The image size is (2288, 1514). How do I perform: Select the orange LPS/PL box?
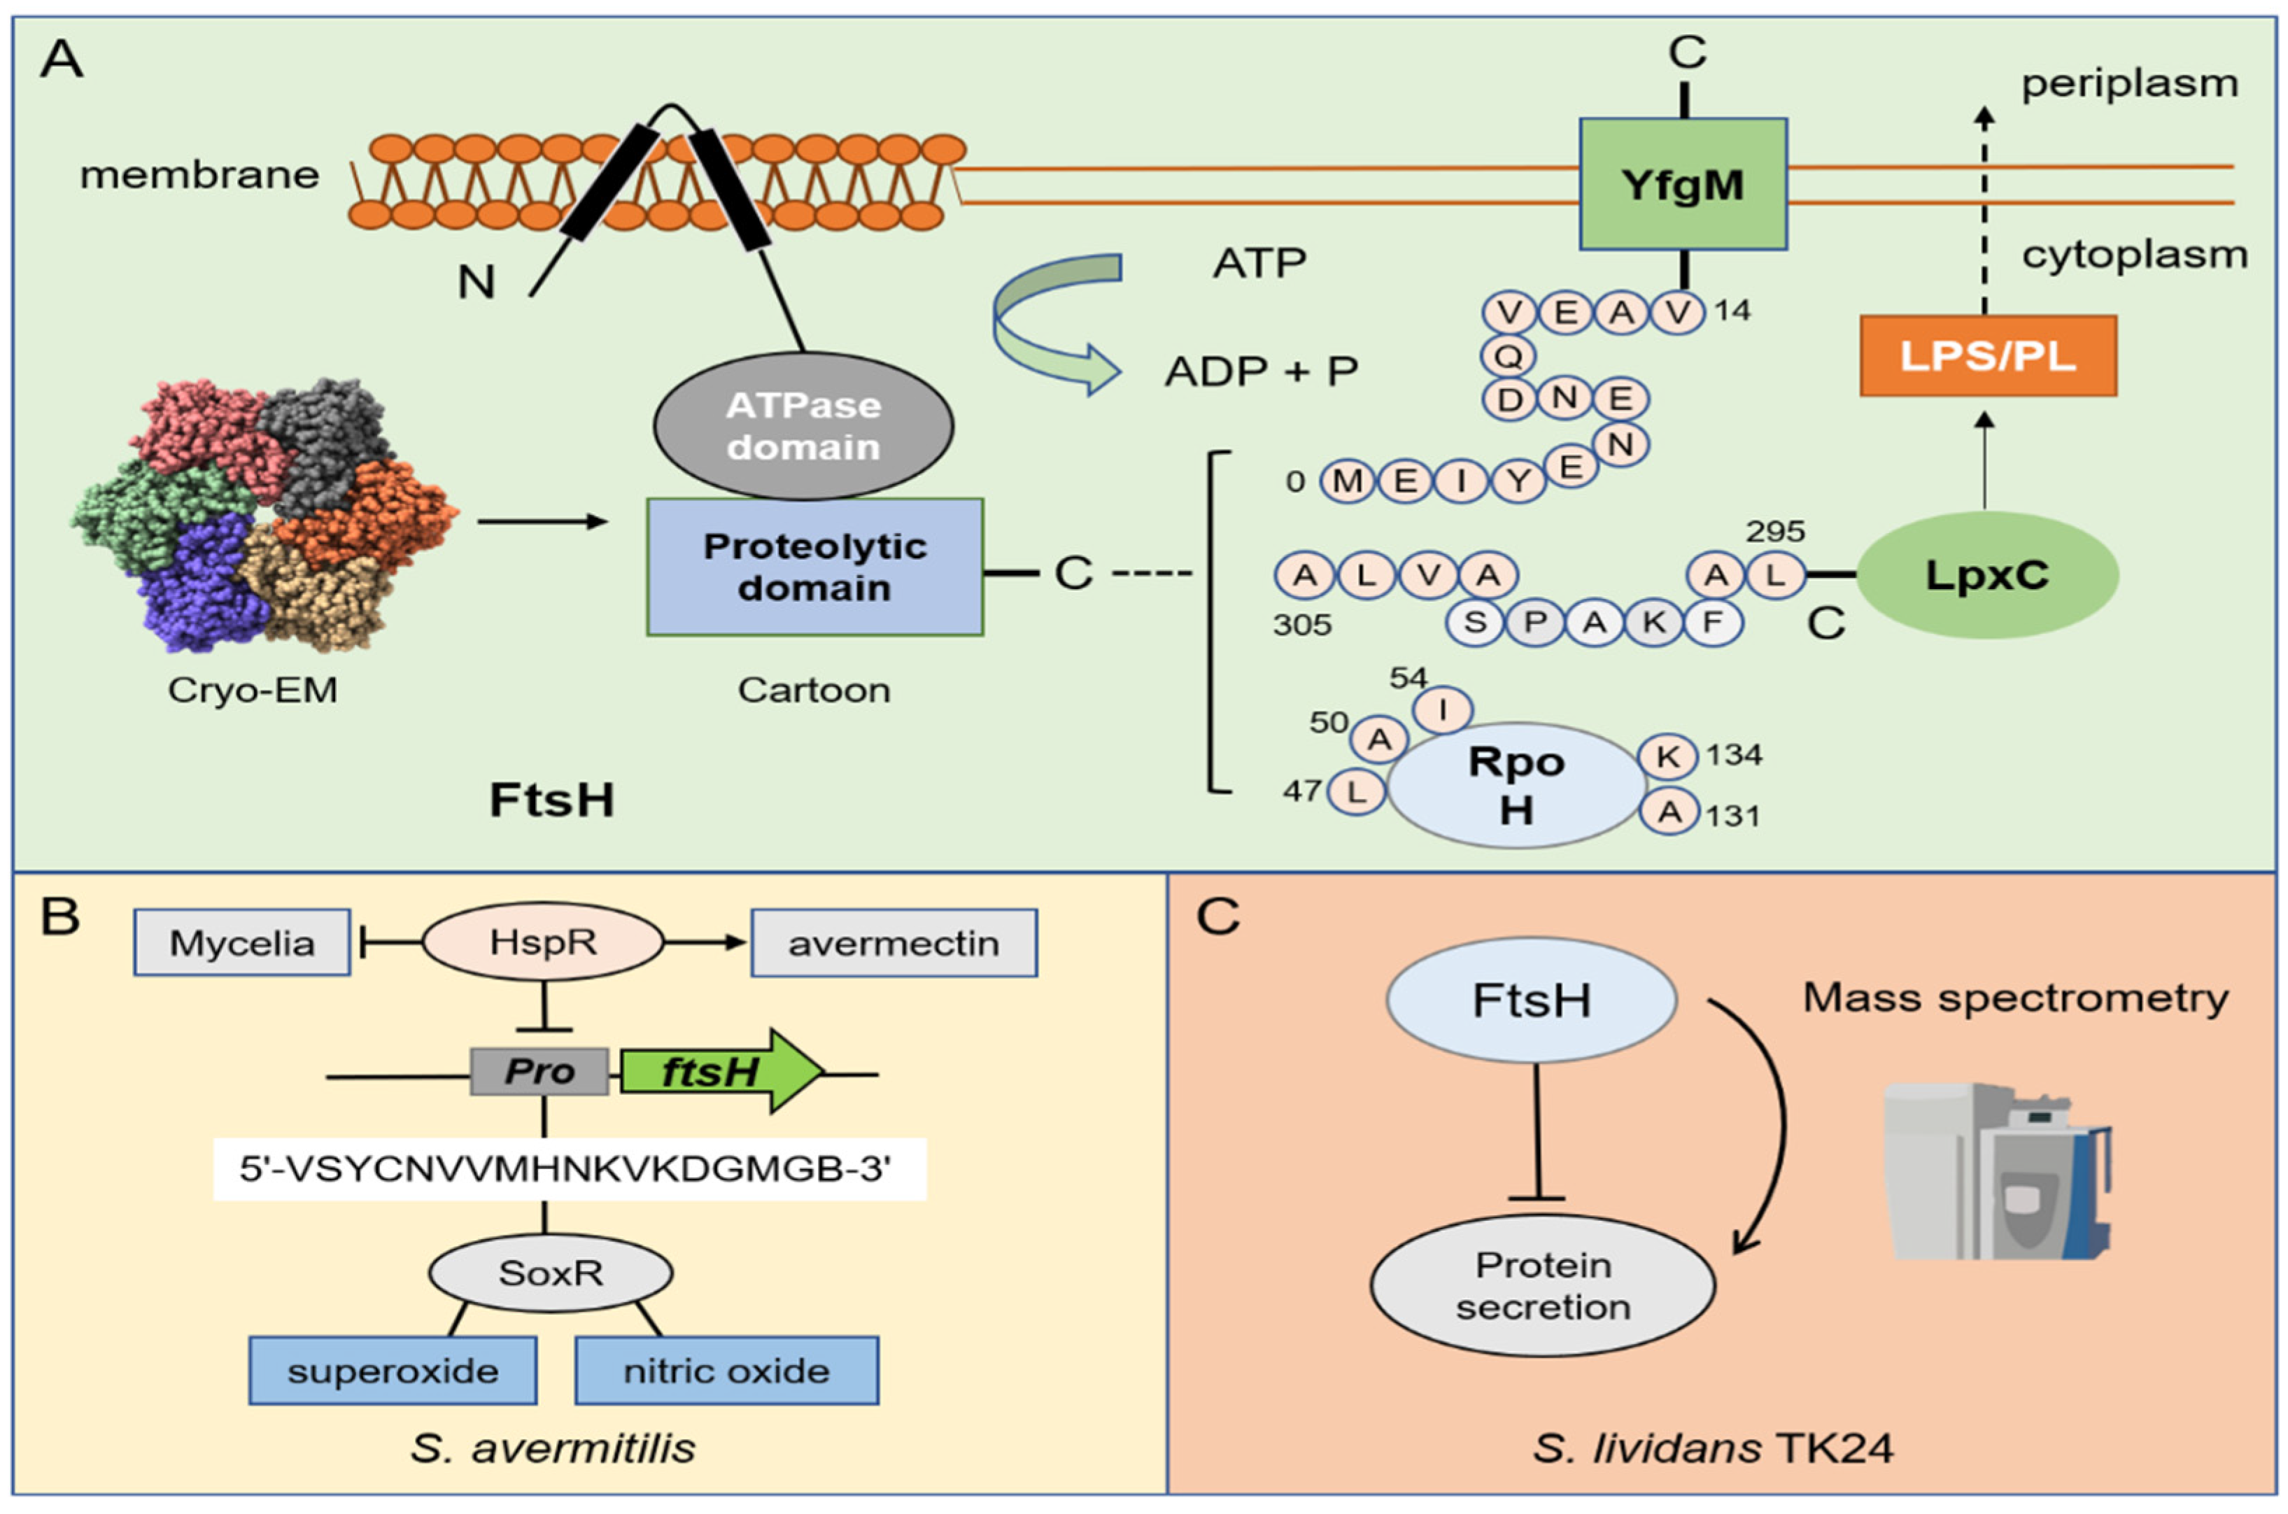tap(1988, 356)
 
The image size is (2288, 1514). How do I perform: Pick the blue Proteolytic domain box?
tap(815, 567)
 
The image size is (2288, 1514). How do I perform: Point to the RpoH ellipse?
tap(1516, 785)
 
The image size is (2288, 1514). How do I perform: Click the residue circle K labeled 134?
tap(1668, 756)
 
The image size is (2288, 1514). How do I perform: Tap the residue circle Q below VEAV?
tap(1508, 356)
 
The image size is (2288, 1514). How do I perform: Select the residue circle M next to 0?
tap(1348, 481)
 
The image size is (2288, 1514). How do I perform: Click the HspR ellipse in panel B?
tap(542, 942)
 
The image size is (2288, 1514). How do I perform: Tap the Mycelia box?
tap(242, 942)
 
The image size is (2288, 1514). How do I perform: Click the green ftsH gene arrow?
tap(719, 1072)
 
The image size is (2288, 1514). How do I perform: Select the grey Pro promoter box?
tap(539, 1072)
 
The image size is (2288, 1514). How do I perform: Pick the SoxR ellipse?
tap(550, 1273)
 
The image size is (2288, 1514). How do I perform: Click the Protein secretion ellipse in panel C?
tap(1541, 1285)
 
